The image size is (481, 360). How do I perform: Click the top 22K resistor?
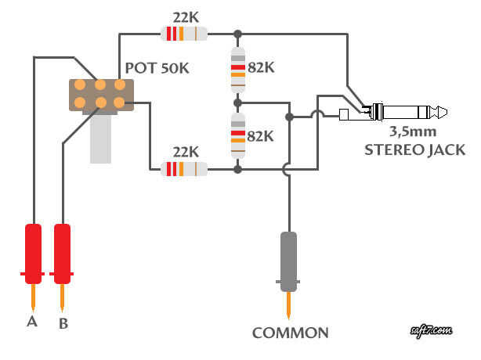click(x=183, y=33)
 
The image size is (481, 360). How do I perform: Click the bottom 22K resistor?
click(x=183, y=168)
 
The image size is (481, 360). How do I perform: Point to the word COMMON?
click(x=290, y=333)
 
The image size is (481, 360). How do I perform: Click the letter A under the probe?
click(x=31, y=321)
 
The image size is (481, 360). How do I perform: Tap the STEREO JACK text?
click(x=414, y=149)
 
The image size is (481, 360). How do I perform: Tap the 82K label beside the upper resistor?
click(x=261, y=68)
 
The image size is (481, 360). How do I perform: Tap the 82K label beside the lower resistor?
click(x=261, y=135)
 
